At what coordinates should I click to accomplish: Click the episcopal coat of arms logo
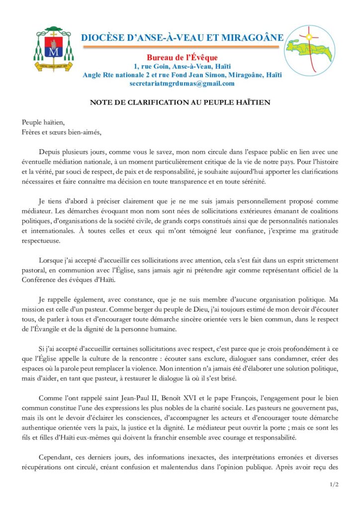point(55,49)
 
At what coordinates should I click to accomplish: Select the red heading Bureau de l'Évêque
point(182,58)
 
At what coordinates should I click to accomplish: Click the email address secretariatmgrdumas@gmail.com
point(182,84)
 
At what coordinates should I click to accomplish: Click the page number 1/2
point(333,484)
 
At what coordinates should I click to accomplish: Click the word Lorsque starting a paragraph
point(52,260)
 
